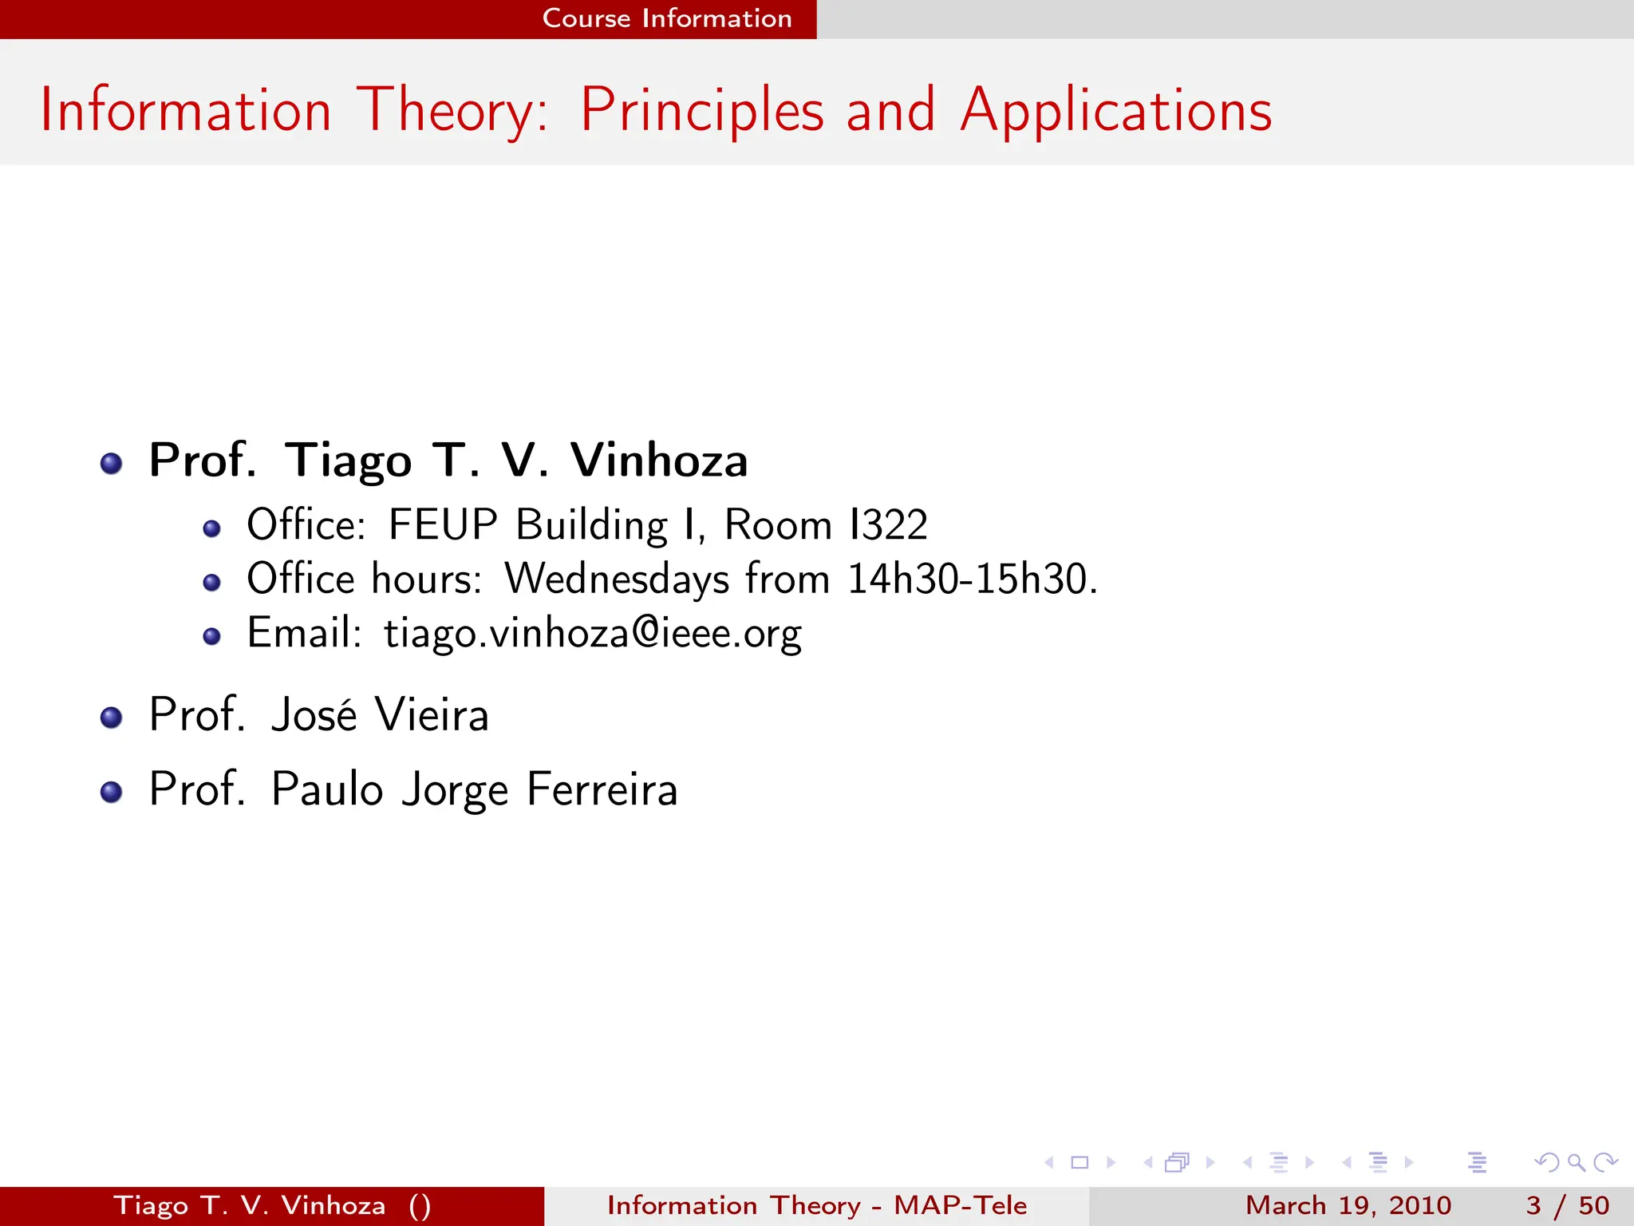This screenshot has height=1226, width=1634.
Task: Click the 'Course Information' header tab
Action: click(666, 18)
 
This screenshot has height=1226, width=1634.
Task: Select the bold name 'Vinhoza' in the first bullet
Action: click(658, 461)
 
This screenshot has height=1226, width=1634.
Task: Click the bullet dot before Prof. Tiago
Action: click(112, 463)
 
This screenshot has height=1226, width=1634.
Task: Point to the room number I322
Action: click(888, 525)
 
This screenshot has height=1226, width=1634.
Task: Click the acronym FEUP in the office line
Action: click(443, 525)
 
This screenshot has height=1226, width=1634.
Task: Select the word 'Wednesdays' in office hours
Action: click(616, 579)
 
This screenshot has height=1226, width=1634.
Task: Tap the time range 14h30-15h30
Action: click(971, 579)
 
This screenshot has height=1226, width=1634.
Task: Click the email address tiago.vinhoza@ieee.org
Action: click(592, 634)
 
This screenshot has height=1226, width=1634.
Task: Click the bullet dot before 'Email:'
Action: click(211, 636)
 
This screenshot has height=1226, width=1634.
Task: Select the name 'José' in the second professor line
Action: click(314, 714)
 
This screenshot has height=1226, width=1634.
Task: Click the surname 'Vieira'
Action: click(431, 714)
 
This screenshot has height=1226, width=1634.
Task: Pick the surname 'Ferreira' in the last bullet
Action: click(602, 789)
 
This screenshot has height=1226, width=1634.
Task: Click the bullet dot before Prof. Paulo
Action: click(112, 792)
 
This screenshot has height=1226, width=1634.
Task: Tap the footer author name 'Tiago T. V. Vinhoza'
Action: click(249, 1205)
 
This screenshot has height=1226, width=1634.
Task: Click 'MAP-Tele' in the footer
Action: click(960, 1205)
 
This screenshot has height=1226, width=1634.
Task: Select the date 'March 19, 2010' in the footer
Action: click(1348, 1205)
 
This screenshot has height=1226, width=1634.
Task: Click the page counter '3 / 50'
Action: click(1567, 1205)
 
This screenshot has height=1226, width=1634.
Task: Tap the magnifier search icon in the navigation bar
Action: click(1576, 1162)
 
